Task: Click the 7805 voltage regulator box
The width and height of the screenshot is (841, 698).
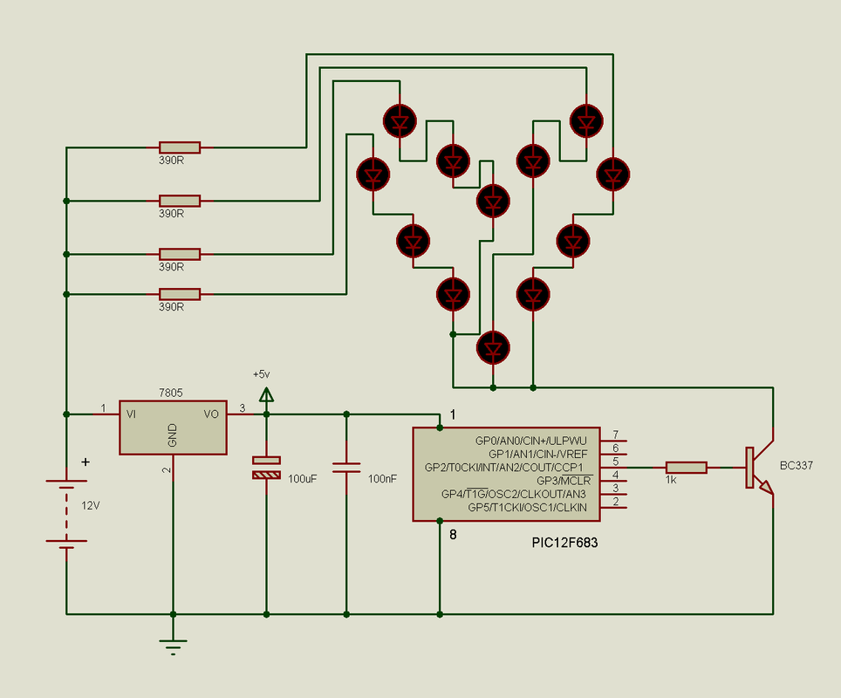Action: point(173,428)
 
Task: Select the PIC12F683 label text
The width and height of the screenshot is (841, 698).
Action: point(564,543)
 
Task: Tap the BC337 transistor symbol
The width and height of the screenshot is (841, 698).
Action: point(759,468)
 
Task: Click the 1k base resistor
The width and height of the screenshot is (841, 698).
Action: point(686,468)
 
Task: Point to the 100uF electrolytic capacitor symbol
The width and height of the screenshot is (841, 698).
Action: point(267,468)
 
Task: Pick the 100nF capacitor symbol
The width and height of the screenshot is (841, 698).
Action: point(346,468)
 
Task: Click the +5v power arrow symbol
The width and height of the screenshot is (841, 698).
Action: point(267,395)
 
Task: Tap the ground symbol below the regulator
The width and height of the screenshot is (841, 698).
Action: point(174,647)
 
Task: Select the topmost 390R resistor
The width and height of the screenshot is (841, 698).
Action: point(180,147)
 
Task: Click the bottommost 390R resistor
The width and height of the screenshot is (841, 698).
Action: point(180,294)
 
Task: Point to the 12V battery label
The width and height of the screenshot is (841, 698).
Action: point(91,505)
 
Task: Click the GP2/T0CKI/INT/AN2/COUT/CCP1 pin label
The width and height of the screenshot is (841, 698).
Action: point(503,468)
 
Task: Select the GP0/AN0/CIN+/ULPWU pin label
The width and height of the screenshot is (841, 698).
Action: point(531,441)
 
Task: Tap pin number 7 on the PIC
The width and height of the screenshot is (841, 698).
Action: point(616,434)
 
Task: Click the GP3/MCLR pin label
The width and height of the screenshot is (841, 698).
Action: point(564,481)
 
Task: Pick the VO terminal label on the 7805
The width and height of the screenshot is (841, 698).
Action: point(211,414)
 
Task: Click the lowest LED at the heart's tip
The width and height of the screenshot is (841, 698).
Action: point(493,347)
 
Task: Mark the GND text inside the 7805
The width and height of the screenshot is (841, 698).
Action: point(172,435)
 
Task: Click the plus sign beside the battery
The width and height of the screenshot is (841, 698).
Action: point(85,462)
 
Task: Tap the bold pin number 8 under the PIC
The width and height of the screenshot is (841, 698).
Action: point(454,534)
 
